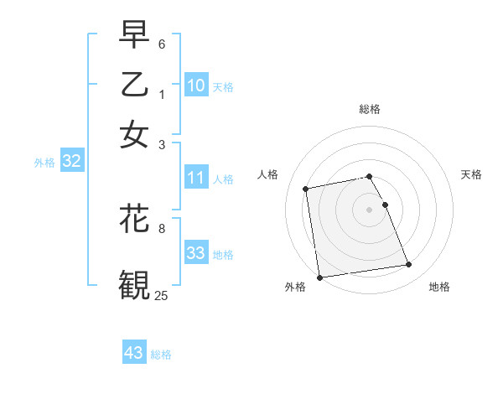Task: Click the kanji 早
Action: click(134, 36)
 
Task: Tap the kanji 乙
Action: click(134, 85)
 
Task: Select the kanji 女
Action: click(134, 133)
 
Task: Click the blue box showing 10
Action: click(196, 86)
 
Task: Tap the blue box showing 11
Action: click(196, 178)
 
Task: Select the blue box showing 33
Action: click(196, 253)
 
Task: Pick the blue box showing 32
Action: click(71, 162)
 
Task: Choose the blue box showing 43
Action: click(134, 353)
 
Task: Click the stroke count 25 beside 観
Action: click(162, 295)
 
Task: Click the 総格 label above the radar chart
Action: click(369, 109)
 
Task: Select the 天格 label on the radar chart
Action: click(471, 174)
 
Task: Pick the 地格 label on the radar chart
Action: click(439, 288)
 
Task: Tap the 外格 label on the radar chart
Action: click(295, 288)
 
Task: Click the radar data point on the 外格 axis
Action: click(319, 277)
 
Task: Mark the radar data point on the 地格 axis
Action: click(408, 265)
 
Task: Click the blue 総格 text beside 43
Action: click(161, 355)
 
